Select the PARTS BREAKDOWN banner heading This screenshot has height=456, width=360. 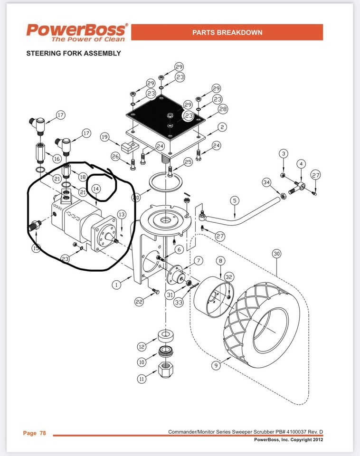pos(227,32)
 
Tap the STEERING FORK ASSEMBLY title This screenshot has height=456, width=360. pos(73,53)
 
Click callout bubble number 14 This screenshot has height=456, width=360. pos(96,189)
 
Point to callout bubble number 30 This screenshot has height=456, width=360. pos(276,254)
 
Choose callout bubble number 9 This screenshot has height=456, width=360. pos(216,366)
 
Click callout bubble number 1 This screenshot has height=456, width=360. pos(115,285)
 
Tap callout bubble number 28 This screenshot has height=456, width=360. pos(223,109)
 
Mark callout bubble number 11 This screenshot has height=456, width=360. pos(142,379)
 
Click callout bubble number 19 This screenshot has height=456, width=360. pos(105,137)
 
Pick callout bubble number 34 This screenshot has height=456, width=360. pos(267,182)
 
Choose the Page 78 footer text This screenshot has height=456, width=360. pos(35,433)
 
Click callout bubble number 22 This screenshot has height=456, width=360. pos(139,302)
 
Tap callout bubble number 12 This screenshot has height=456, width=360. pos(142,346)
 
